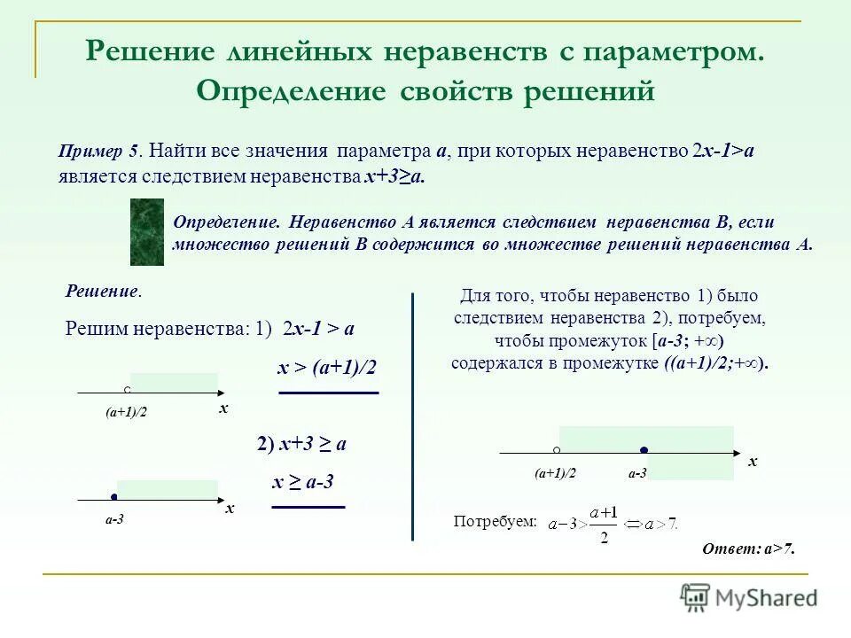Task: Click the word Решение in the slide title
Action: [x=146, y=51]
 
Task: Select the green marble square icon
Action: [x=147, y=232]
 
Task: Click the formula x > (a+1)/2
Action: [x=327, y=367]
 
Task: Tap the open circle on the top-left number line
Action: [x=128, y=390]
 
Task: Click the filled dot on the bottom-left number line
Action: [x=114, y=497]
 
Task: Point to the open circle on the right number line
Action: [x=556, y=450]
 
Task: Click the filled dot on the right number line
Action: [x=644, y=451]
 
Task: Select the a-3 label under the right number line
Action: [x=637, y=474]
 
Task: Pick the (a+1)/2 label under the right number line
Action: [x=555, y=474]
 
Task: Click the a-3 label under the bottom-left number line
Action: [x=113, y=520]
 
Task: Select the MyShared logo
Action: [x=749, y=598]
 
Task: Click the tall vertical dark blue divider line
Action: [x=413, y=416]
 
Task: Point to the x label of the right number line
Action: [x=753, y=462]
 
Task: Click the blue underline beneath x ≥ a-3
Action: [x=308, y=507]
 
